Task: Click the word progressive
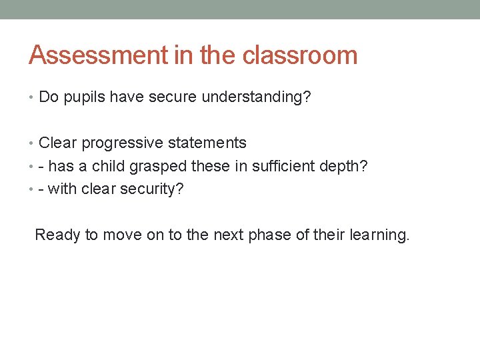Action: (123, 143)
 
